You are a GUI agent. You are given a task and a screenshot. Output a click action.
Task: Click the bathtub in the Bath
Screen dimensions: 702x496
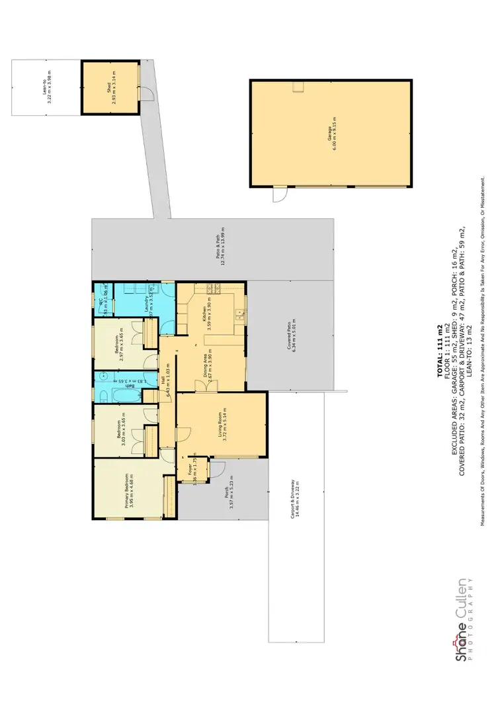point(124,396)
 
